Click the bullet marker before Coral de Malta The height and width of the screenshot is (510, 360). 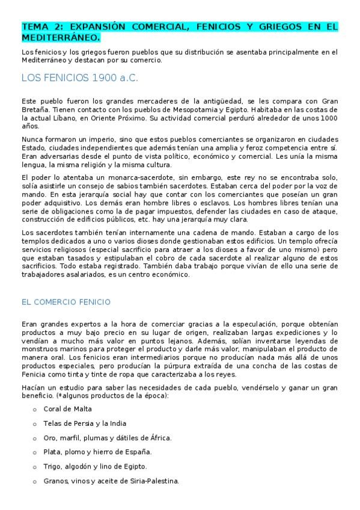pos(35,410)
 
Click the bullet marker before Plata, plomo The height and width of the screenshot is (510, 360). pos(35,452)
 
